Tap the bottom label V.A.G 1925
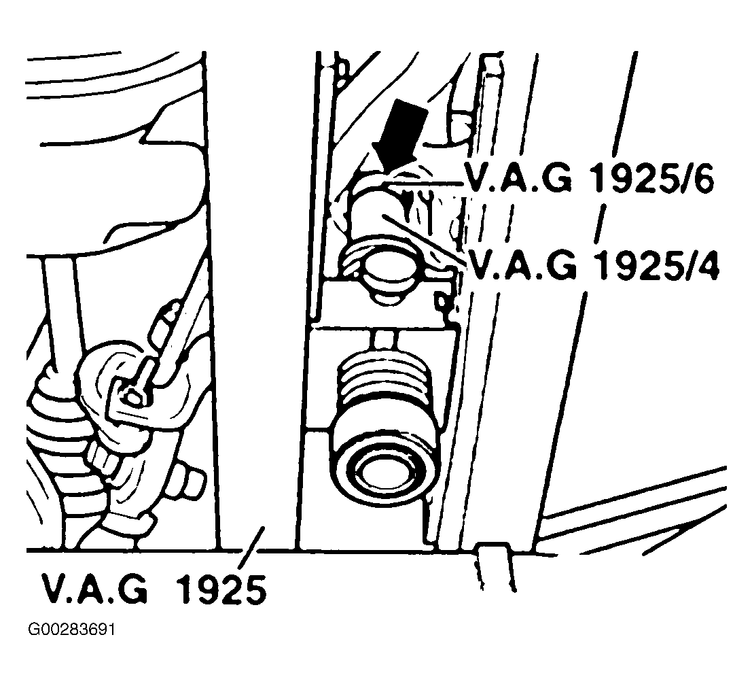coord(154,588)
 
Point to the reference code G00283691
coord(72,630)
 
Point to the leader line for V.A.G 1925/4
coord(424,239)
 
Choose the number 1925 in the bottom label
coord(221,589)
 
